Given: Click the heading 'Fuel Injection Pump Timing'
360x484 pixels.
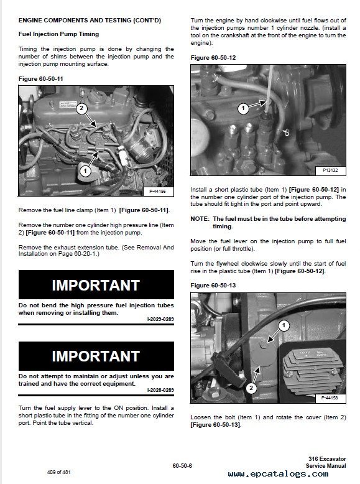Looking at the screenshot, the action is [58, 34].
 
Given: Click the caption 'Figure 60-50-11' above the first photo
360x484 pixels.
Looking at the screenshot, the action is [40, 79].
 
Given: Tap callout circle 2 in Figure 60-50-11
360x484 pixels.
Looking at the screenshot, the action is [81, 108].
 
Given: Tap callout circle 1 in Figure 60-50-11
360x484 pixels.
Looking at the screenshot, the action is [85, 171].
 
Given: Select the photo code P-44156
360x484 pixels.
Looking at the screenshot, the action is [158, 192].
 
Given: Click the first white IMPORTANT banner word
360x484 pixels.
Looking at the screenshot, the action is [96, 285].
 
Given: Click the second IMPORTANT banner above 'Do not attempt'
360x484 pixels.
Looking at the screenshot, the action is [96, 356].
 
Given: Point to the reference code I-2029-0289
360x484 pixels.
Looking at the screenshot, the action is [160, 319].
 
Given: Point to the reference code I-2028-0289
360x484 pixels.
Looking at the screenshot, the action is [160, 390].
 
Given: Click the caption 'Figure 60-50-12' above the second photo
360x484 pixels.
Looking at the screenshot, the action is [213, 58].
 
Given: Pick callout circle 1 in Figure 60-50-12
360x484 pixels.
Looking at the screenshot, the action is [243, 108].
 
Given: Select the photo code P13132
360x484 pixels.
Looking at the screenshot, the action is [330, 170].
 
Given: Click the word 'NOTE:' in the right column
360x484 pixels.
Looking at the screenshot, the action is [200, 219].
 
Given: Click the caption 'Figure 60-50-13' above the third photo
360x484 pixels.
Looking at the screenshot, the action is [213, 286].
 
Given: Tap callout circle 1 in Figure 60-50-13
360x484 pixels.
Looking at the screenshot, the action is [284, 325].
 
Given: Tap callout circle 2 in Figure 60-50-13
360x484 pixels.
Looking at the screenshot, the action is [251, 388].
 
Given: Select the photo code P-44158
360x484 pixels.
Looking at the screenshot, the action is [330, 398].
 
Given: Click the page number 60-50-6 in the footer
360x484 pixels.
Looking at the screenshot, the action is [182, 466].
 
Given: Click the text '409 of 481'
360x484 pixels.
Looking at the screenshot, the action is [59, 472].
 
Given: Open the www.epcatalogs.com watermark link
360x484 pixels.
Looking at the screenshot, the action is [279, 474].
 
